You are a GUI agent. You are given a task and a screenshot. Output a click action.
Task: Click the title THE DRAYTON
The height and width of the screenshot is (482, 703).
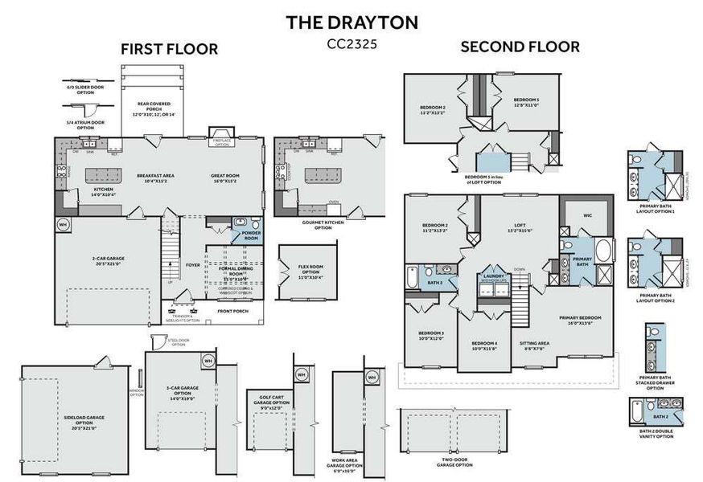(351, 22)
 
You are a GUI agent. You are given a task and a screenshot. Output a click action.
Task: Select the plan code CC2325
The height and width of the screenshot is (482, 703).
(351, 45)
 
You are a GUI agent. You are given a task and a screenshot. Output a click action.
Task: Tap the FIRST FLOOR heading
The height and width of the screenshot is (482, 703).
(169, 49)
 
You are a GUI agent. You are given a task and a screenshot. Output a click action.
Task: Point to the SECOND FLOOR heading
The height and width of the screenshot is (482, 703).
(520, 47)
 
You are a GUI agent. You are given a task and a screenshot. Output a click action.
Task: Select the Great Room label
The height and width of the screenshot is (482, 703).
(225, 178)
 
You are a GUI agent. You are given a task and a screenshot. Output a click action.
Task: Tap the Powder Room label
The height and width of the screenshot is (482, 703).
(251, 235)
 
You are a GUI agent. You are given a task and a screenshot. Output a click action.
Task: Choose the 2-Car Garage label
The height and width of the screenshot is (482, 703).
(107, 262)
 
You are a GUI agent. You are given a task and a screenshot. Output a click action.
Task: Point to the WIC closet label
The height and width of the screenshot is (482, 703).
(587, 215)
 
